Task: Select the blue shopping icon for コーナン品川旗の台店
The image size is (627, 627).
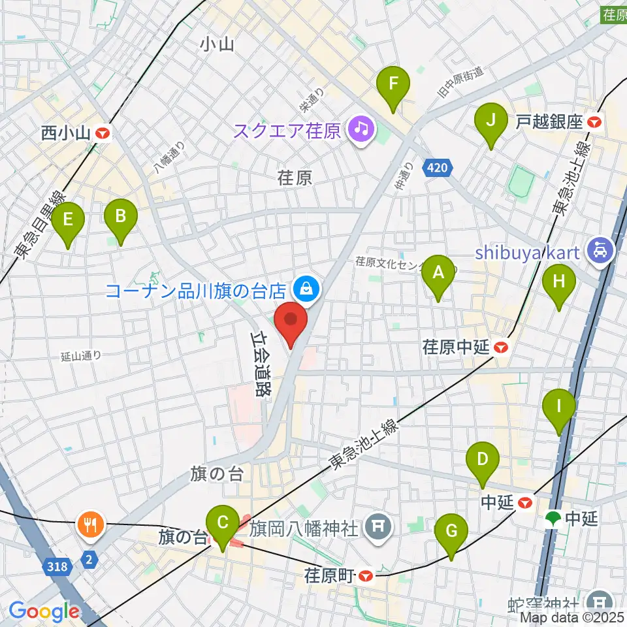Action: pos(304,287)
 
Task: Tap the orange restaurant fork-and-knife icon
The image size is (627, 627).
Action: pos(88,523)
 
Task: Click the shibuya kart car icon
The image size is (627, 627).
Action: pos(598,249)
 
